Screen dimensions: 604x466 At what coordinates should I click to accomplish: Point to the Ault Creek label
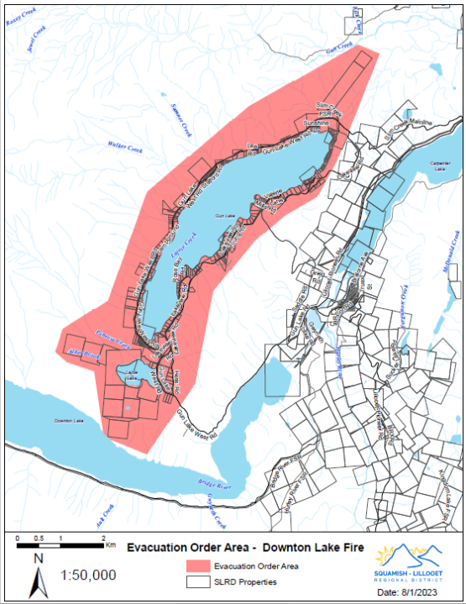point(104,510)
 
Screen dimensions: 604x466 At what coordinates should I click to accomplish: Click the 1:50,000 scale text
point(88,575)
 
